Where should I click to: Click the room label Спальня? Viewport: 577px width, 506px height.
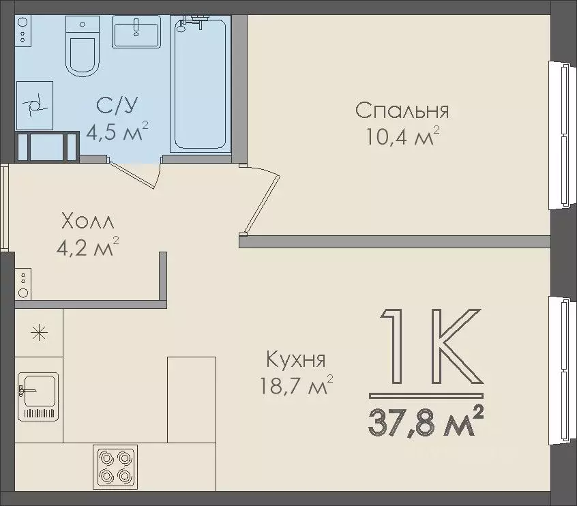coord(402,110)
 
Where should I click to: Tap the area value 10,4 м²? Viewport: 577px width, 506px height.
coord(402,138)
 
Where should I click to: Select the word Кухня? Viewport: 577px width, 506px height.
coord(295,359)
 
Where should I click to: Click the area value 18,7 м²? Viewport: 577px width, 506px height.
coord(295,387)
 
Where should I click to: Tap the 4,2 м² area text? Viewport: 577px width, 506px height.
coord(87,246)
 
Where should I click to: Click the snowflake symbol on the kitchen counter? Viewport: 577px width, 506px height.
coord(39,333)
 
